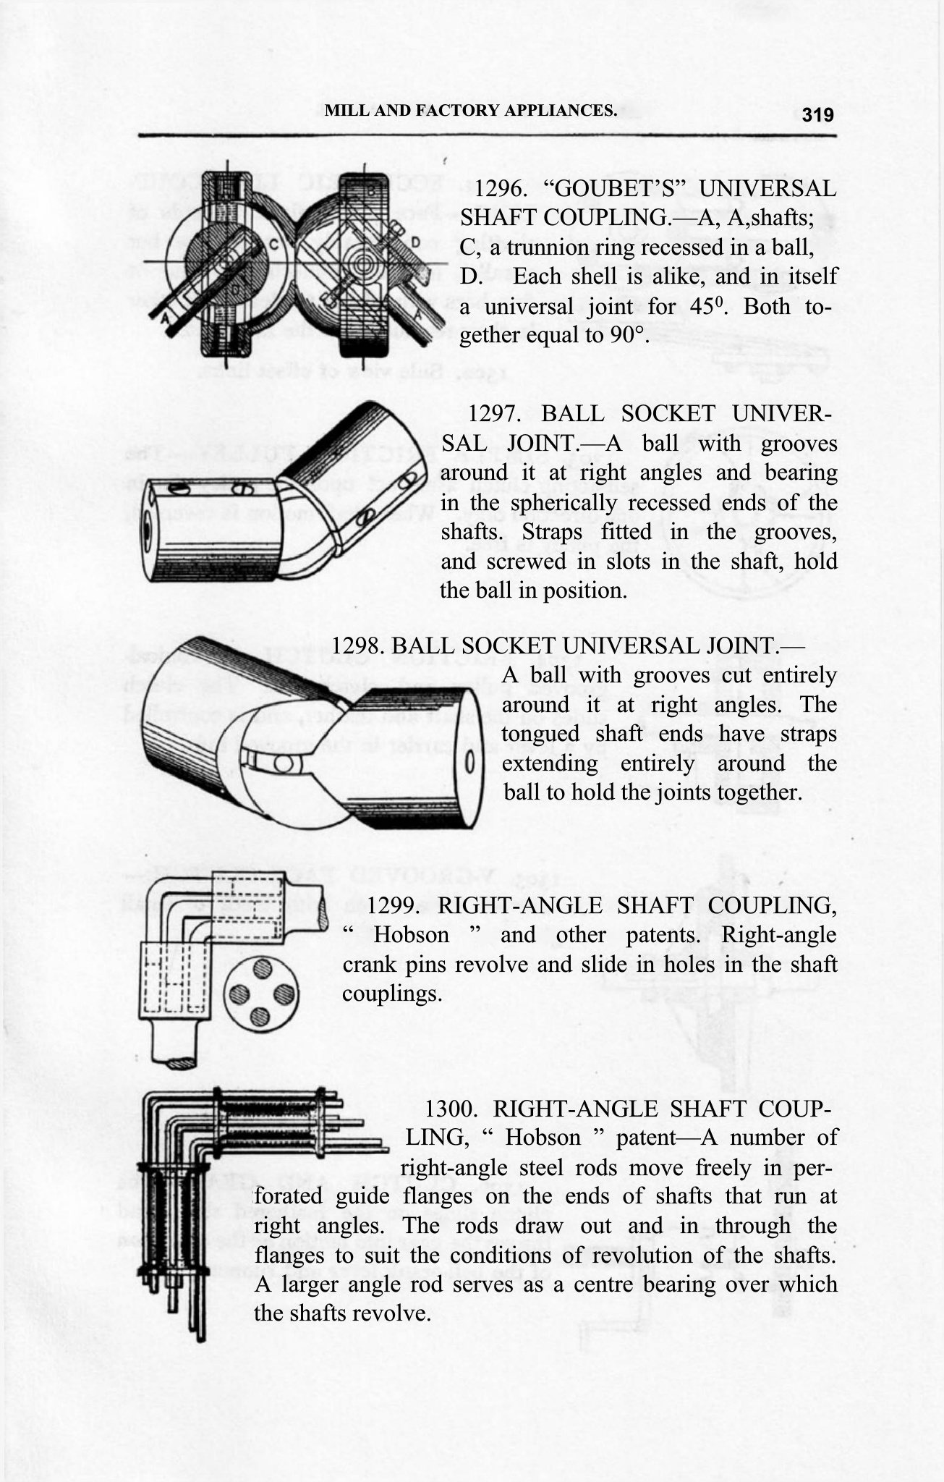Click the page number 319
[x=818, y=114]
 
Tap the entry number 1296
[x=500, y=189]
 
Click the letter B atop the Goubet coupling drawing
[x=370, y=191]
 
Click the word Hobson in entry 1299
[x=411, y=935]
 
